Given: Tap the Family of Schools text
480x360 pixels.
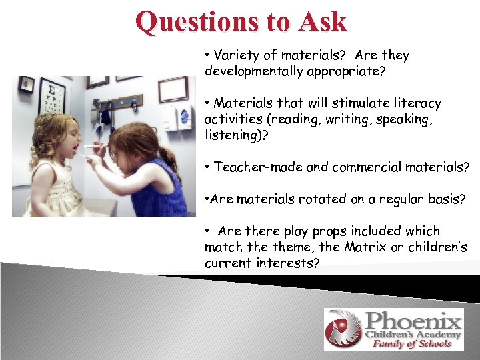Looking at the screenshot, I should (412, 344).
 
